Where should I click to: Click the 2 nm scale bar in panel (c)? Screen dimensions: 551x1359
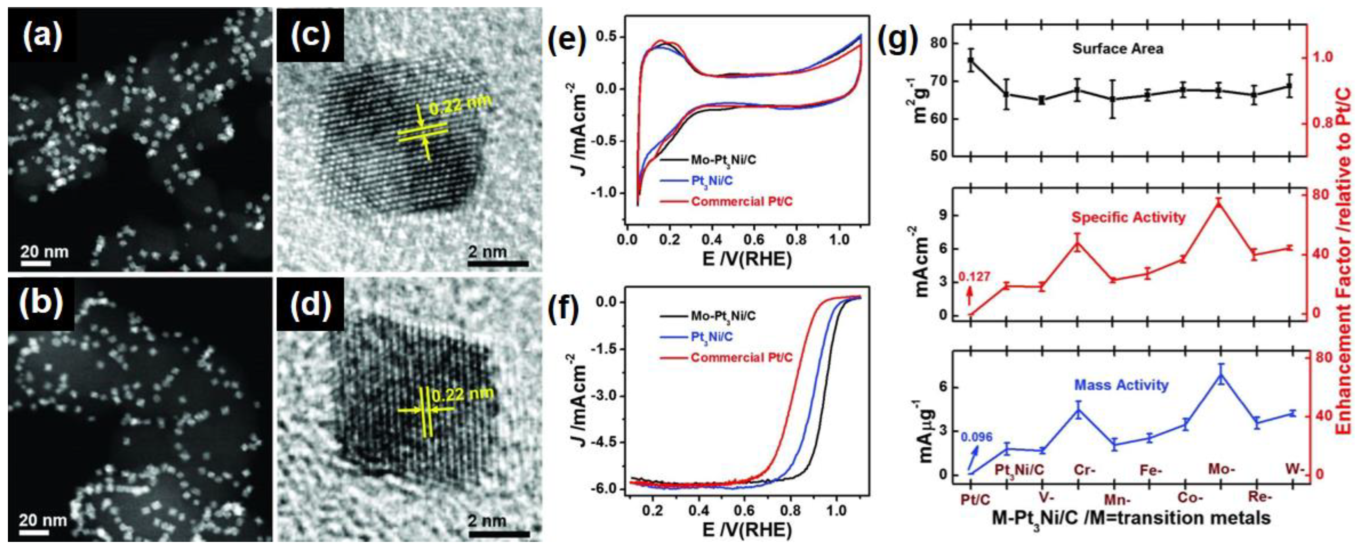point(497,262)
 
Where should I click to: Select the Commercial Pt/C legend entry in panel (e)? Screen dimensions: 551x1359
point(741,201)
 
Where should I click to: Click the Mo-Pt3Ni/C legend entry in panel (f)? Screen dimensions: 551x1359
point(723,316)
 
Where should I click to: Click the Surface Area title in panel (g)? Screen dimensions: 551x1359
point(1117,48)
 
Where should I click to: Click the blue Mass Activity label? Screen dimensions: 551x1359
point(1121,385)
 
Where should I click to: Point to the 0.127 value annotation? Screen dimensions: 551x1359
point(974,276)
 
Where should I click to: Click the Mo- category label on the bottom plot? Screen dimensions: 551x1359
point(1221,468)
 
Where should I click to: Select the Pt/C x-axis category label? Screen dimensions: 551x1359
point(975,499)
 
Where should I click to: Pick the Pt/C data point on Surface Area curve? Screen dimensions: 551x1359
point(971,60)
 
